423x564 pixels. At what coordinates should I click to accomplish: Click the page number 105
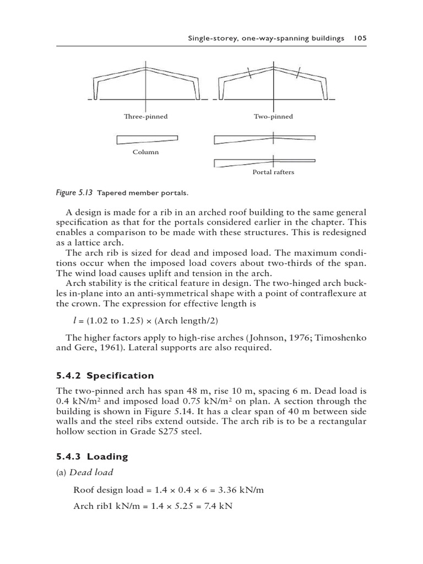click(361, 38)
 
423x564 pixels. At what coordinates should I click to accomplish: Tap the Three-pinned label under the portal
click(145, 117)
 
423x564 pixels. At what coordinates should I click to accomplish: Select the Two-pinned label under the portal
click(273, 117)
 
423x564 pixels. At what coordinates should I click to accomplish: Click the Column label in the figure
click(145, 152)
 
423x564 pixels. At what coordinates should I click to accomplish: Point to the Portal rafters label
click(273, 172)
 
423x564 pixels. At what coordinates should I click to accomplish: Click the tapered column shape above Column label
click(147, 139)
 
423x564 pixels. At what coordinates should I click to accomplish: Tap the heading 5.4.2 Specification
click(105, 376)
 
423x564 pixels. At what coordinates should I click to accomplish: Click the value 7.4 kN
click(220, 506)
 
